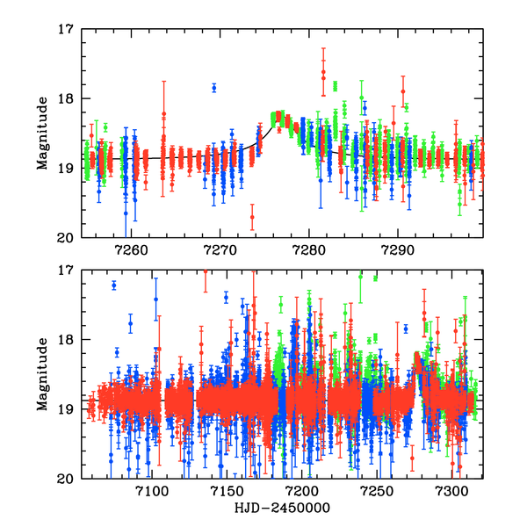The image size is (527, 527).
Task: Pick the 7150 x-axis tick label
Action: click(227, 493)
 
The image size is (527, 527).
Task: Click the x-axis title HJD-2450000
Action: click(282, 509)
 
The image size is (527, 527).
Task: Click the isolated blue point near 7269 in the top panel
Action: click(213, 87)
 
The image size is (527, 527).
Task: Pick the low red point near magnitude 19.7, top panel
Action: click(252, 216)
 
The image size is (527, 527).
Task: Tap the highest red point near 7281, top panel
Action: click(323, 72)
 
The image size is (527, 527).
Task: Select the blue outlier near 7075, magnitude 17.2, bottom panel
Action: click(114, 285)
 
